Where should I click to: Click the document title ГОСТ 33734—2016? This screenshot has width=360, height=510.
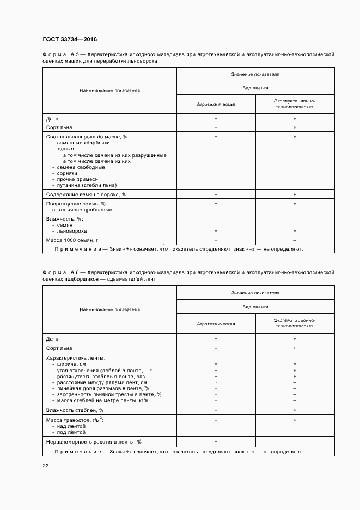coord(69,39)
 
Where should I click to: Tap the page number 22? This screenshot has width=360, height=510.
coord(45,465)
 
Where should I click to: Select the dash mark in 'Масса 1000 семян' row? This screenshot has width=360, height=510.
coord(295,240)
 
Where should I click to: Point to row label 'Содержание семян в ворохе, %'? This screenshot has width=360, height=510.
coord(86,195)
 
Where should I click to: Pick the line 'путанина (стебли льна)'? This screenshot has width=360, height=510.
coord(83,185)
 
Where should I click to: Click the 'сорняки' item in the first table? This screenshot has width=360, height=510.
coord(68,173)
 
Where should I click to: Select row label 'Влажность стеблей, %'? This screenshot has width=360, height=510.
coord(75,410)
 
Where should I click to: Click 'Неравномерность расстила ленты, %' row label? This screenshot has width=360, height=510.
coord(94,441)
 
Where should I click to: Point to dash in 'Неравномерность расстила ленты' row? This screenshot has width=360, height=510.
coord(295,441)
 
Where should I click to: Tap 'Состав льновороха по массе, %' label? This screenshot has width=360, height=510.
coord(88,136)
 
